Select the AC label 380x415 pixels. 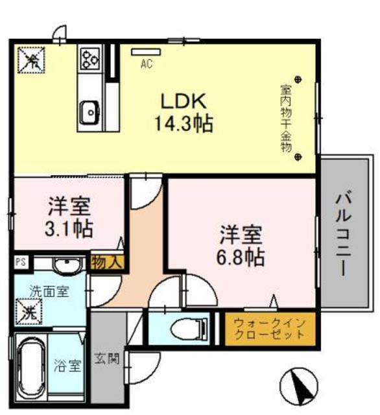pos(147,63)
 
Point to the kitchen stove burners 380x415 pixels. pos(89,59)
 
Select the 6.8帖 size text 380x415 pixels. pos(240,257)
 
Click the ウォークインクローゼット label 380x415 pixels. pos(269,329)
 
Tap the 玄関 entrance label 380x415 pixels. pos(108,359)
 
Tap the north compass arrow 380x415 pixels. pos(300,384)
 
